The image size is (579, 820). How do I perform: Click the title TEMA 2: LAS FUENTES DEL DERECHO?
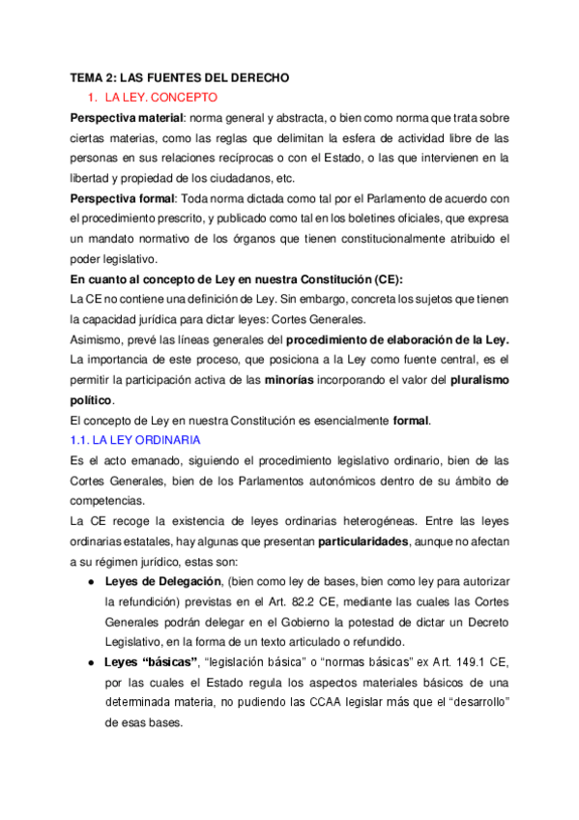(180, 76)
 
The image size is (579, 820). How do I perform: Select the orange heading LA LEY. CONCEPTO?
(161, 98)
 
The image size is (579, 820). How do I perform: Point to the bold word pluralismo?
(476, 379)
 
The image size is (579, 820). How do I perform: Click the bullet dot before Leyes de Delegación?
(90, 581)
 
